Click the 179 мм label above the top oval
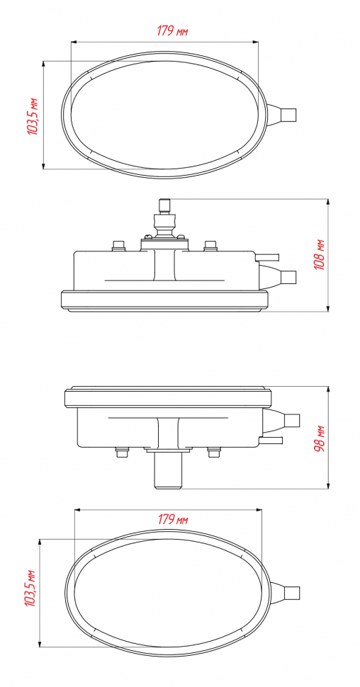tap(172, 31)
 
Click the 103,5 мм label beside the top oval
tap(33, 115)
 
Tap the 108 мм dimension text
tap(320, 254)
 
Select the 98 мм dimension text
tap(320, 438)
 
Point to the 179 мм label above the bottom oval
tap(173, 520)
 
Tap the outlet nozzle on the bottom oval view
tap(285, 593)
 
